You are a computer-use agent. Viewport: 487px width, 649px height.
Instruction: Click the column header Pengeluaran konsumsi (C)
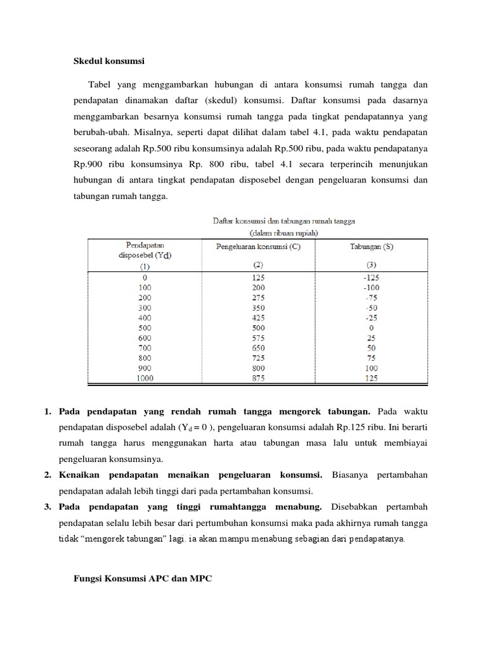258,247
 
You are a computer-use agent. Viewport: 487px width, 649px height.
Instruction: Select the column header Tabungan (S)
371,247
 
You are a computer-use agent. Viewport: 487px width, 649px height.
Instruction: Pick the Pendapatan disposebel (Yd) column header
145,250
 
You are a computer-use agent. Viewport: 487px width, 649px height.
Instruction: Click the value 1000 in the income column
145,378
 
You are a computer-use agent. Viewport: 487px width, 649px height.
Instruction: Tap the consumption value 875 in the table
258,378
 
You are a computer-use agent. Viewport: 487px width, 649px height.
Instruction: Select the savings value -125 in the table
371,277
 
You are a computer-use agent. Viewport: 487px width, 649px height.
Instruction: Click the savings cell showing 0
371,328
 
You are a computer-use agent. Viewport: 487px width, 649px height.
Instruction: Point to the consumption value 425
258,318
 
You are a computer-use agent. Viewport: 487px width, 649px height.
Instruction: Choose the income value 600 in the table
145,338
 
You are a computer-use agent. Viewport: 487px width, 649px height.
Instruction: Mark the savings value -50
371,307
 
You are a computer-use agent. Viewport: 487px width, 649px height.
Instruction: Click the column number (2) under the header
258,266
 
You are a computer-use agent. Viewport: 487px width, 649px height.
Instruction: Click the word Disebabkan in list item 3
357,507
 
